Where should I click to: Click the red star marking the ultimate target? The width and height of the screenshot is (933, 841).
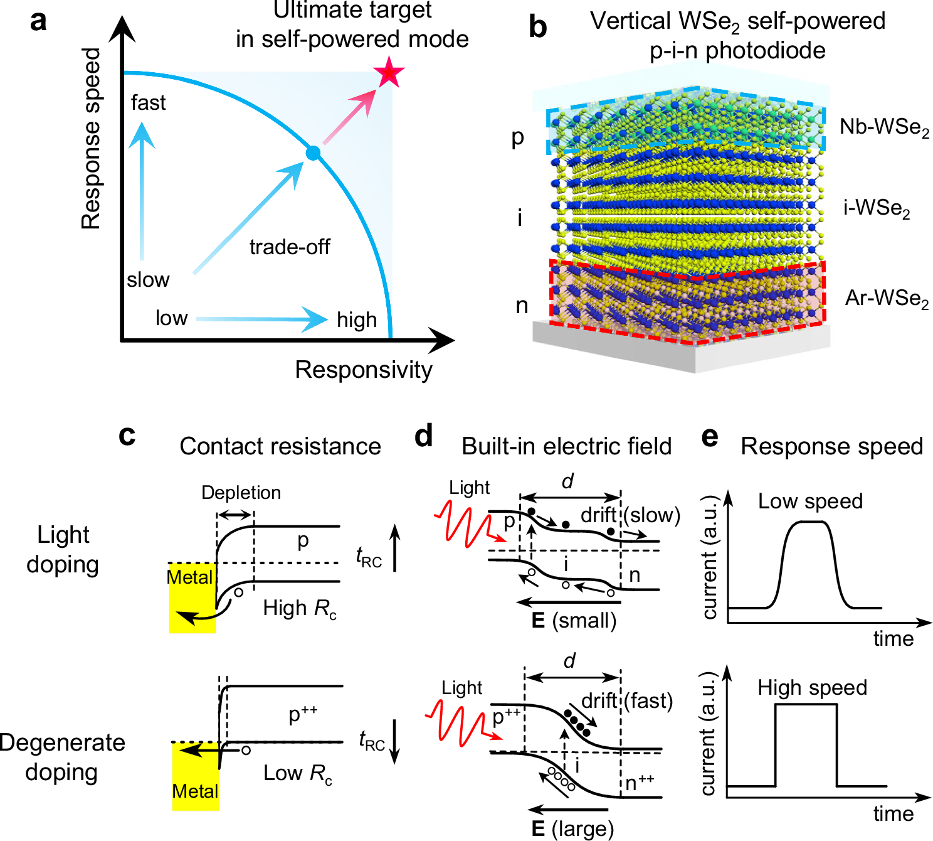click(389, 73)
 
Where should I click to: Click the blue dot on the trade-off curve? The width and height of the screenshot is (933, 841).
click(312, 153)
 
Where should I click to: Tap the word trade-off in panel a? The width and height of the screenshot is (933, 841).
click(290, 247)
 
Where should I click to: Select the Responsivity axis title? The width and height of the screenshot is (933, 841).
click(364, 370)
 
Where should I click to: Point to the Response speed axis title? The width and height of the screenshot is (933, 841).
click(92, 138)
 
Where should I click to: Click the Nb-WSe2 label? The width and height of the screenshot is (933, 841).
click(884, 127)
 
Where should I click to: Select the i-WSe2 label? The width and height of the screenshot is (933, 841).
click(876, 208)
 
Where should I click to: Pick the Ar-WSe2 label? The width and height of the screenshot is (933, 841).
click(887, 298)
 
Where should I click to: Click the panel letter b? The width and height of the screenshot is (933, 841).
click(537, 27)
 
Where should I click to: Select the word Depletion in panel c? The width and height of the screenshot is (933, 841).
click(241, 493)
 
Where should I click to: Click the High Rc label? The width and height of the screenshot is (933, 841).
click(300, 608)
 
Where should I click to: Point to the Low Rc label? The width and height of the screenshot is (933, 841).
click(298, 773)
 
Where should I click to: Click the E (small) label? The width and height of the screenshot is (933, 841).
click(574, 621)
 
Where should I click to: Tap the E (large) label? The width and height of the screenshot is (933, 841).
click(572, 828)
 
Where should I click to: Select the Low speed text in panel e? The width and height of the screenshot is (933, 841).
click(810, 501)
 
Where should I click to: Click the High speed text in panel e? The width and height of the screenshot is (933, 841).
click(812, 687)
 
